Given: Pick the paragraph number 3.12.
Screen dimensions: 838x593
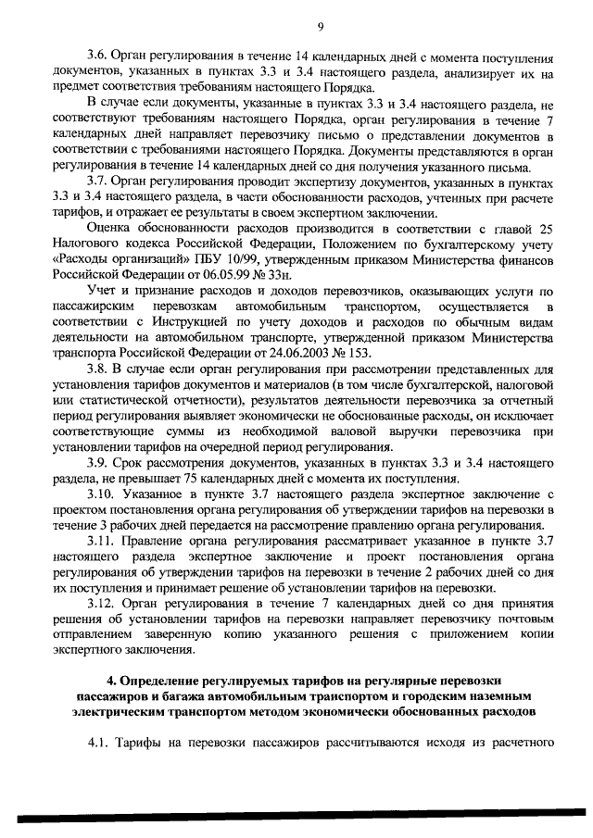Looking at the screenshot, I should (99, 602).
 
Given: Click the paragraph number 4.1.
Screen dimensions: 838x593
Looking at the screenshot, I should (98, 743).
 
